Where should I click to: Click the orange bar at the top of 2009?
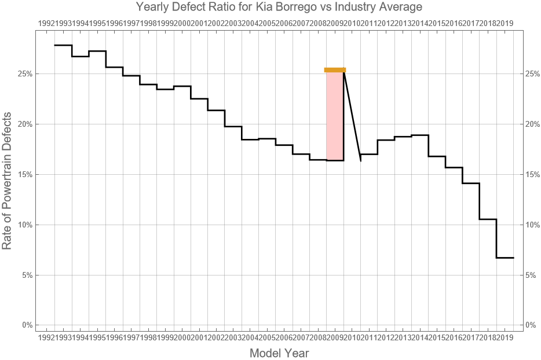335,70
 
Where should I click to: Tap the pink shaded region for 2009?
335,116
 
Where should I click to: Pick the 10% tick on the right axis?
533,225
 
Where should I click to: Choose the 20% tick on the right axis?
533,124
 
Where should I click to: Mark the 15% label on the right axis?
533,174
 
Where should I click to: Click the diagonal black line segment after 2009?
352,115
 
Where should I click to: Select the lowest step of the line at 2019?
505,258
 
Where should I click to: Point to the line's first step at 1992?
63,45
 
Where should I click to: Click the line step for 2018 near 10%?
488,219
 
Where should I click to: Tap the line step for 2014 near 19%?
420,135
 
